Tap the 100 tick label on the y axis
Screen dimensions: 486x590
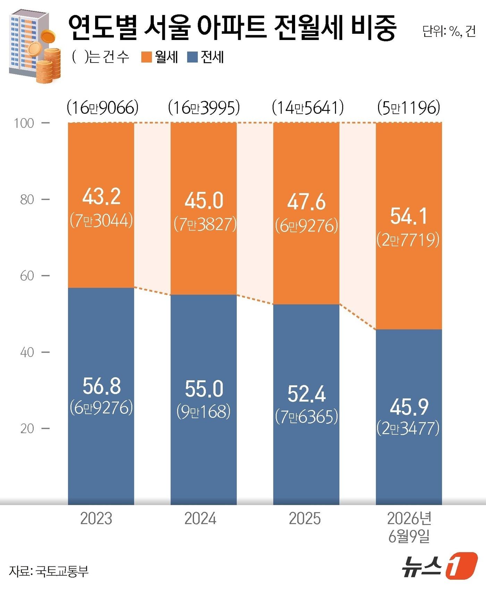24,123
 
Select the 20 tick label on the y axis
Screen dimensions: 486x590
27,429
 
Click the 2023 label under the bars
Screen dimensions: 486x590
96,519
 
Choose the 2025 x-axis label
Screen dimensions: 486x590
305,519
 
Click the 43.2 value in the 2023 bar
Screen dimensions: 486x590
101,196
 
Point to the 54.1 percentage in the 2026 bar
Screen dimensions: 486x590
409,216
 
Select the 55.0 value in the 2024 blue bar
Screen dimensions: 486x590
204,389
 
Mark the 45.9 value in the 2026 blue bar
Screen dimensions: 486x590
409,407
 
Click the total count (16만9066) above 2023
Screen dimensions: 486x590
103,108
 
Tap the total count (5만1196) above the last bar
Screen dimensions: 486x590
409,108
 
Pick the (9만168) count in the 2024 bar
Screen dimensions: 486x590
204,412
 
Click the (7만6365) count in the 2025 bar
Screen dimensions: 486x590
307,417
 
